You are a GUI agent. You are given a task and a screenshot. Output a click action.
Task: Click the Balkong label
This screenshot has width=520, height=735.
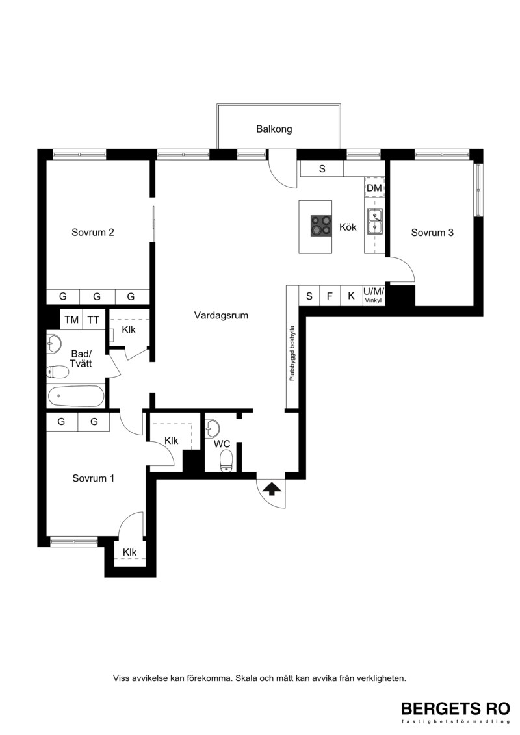pos(274,129)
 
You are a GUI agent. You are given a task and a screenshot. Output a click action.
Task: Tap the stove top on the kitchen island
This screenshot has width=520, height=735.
pos(320,226)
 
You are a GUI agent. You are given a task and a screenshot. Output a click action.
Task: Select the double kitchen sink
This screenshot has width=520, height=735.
pos(374,221)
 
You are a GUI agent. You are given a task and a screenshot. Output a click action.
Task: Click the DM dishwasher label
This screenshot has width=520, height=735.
pos(374,188)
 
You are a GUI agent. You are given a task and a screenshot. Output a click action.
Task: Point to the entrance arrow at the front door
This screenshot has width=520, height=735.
pos(272,489)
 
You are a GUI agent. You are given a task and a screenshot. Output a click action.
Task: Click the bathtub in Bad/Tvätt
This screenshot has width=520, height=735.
pos(75,396)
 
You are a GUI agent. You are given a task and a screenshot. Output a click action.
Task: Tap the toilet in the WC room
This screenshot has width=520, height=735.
pos(226,460)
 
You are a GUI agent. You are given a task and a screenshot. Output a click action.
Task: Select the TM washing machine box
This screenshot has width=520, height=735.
pos(71,320)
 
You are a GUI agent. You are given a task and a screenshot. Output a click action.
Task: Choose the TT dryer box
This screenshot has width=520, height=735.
pos(94,320)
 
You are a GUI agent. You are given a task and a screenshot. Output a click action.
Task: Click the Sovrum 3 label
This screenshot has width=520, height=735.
pos(432,233)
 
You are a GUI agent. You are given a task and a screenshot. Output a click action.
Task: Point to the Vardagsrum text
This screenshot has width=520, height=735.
pos(221,315)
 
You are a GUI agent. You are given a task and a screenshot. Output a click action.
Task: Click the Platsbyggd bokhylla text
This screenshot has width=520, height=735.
pos(292,353)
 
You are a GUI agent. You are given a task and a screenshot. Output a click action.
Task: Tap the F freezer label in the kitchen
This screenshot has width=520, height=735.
pos(330,296)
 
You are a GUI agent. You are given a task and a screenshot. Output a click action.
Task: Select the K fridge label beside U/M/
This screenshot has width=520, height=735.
pos(351,296)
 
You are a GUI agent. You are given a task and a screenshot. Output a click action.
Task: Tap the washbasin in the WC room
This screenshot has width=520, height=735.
pos(213,426)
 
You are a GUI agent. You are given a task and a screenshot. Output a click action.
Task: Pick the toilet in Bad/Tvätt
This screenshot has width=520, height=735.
pos(58,372)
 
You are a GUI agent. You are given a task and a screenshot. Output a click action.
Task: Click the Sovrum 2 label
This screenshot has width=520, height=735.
pos(93,232)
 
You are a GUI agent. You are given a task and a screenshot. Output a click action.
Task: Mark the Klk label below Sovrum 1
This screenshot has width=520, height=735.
pos(129,552)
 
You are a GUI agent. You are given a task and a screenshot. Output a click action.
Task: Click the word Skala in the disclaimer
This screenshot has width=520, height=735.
pos(247,678)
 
